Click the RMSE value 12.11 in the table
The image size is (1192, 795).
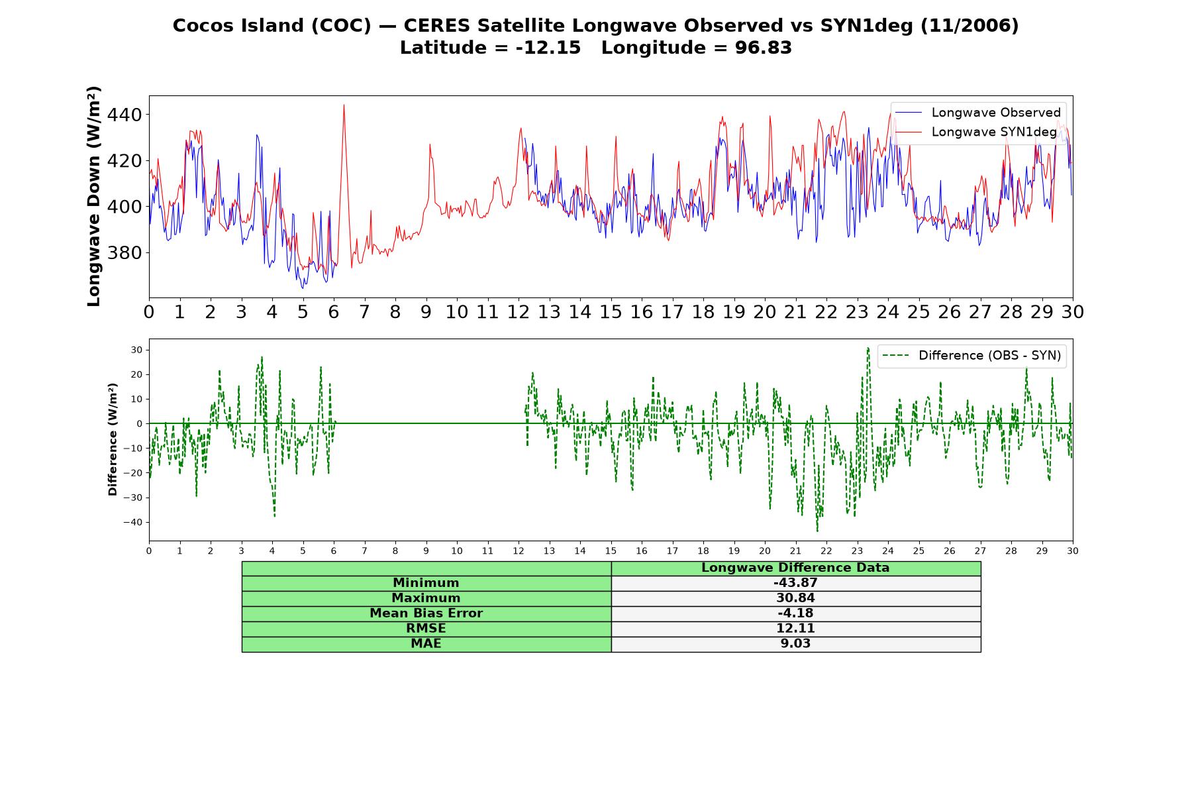(795, 628)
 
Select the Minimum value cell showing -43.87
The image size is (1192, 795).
(795, 583)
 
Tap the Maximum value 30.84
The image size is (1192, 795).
(795, 598)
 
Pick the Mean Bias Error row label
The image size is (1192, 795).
(426, 613)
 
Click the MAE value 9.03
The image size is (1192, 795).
(795, 643)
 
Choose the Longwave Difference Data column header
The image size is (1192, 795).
(795, 568)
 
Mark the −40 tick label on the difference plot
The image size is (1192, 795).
(132, 522)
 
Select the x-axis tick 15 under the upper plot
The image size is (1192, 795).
(611, 311)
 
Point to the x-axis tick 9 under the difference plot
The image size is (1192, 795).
(426, 551)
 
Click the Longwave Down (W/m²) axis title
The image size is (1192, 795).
(94, 196)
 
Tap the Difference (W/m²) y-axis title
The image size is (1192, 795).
(113, 439)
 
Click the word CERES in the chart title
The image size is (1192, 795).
(437, 26)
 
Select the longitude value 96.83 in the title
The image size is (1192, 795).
(764, 48)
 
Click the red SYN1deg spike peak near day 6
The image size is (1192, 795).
(344, 105)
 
